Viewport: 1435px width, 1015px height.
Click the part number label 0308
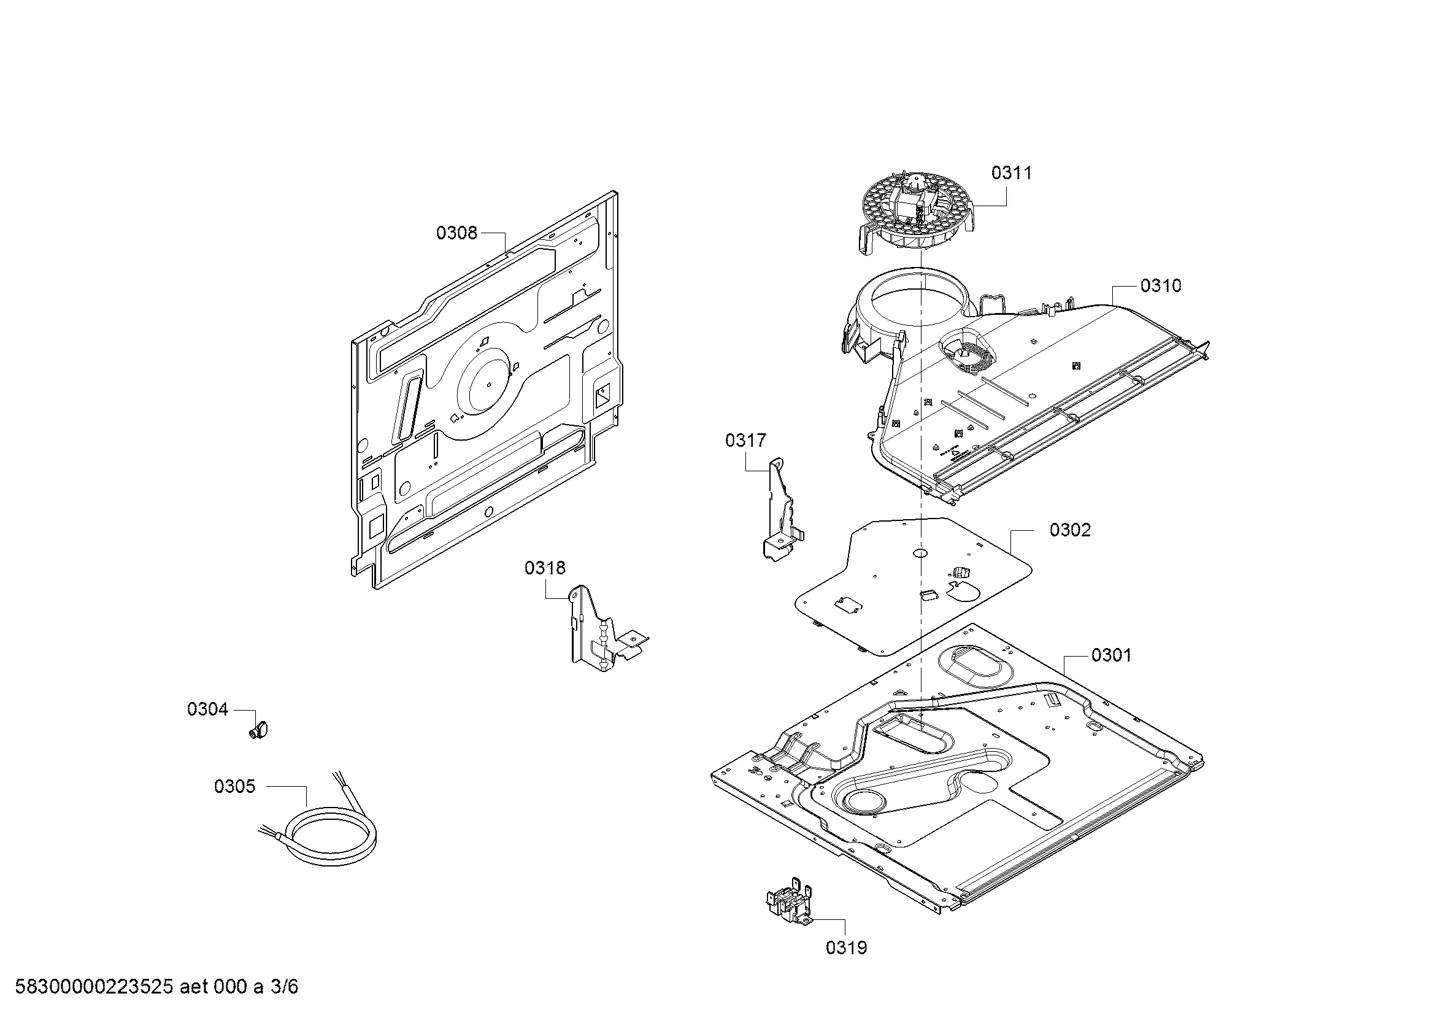tap(456, 233)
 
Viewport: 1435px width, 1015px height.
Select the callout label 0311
tap(1011, 173)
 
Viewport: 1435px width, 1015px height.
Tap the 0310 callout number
tap(1161, 285)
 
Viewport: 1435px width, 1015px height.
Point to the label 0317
tap(745, 441)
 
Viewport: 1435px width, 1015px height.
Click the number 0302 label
tap(1070, 530)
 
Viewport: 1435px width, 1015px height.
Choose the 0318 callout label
tap(544, 568)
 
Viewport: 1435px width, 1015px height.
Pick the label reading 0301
tap(1110, 655)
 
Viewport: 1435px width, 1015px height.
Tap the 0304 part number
tap(207, 709)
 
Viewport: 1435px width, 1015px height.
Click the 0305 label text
tap(234, 786)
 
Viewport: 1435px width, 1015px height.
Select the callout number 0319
tap(846, 948)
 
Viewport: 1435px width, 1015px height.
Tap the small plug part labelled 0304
tap(258, 729)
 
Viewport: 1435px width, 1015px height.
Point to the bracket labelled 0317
tap(780, 509)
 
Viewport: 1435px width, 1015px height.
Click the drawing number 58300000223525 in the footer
tap(94, 987)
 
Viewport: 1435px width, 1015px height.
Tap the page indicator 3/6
tap(284, 987)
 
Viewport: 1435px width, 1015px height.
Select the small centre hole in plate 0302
tap(920, 552)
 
